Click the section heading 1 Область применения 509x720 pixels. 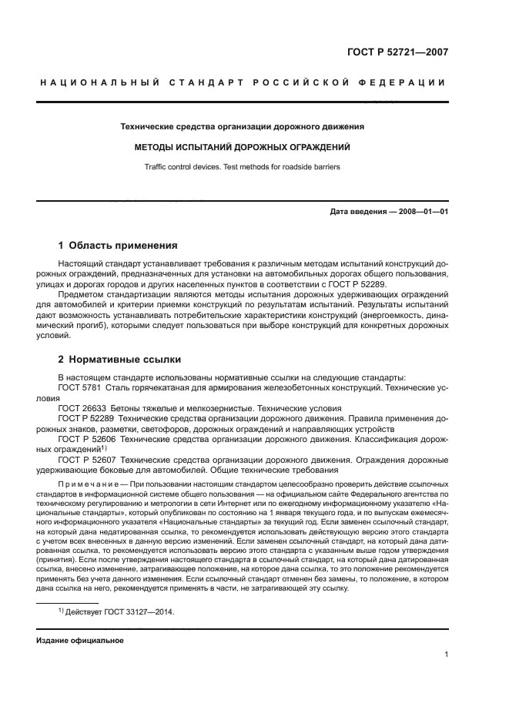pos(118,246)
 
